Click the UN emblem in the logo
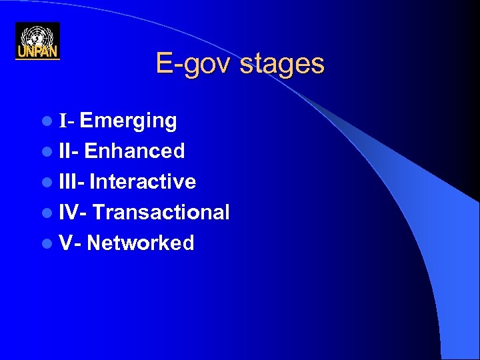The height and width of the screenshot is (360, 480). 37,35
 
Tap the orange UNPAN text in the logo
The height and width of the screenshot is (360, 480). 37,52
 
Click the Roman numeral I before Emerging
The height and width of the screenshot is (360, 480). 63,121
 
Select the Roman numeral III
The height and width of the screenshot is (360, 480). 67,182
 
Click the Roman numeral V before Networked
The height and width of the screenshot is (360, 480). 65,243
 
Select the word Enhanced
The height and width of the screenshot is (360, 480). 135,151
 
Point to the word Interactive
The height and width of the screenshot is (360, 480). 143,182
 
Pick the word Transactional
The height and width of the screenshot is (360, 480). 161,213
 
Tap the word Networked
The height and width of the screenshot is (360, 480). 141,243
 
